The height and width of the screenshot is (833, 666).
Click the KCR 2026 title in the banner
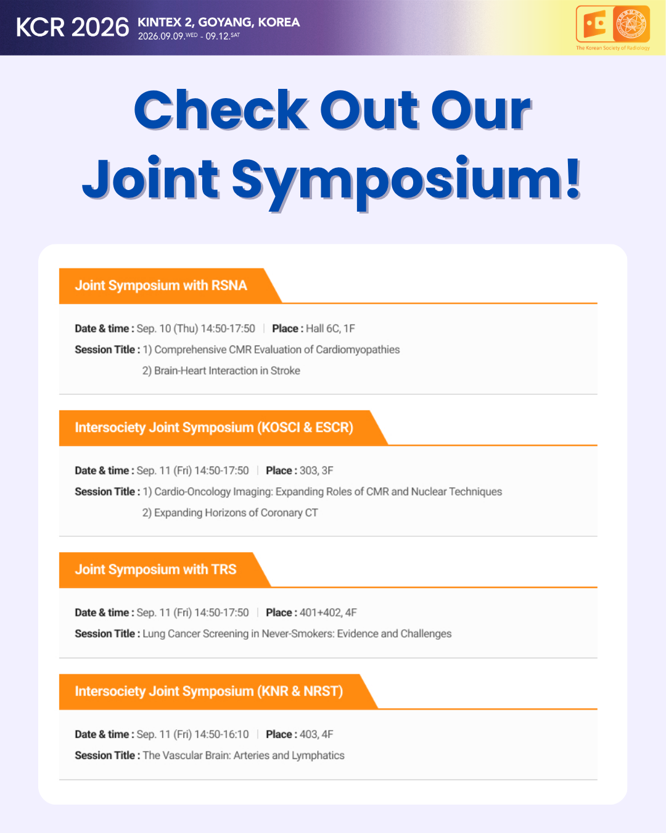click(x=72, y=28)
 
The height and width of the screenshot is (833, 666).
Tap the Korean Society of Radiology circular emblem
click(x=631, y=24)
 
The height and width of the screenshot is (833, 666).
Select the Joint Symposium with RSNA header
click(x=161, y=285)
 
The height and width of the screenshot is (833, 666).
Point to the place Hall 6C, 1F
click(x=330, y=329)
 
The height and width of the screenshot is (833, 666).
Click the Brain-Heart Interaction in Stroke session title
click(x=227, y=371)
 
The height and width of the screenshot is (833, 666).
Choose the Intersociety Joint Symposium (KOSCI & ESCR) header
click(x=214, y=428)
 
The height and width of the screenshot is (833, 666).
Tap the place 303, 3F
click(x=316, y=471)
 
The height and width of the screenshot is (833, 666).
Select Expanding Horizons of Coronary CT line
click(x=236, y=513)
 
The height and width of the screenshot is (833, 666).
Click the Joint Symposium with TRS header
click(x=155, y=570)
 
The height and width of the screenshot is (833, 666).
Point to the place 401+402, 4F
click(x=328, y=613)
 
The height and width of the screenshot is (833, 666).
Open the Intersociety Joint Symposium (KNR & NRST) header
click(x=209, y=691)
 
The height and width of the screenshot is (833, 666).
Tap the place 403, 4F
click(x=316, y=734)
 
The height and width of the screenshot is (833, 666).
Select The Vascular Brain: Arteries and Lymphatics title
click(x=244, y=755)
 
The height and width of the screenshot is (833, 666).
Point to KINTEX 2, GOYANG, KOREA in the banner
click(x=219, y=22)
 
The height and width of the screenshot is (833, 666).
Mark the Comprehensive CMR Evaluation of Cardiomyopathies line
click(x=277, y=350)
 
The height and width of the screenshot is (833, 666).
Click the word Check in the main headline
click(x=221, y=110)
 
